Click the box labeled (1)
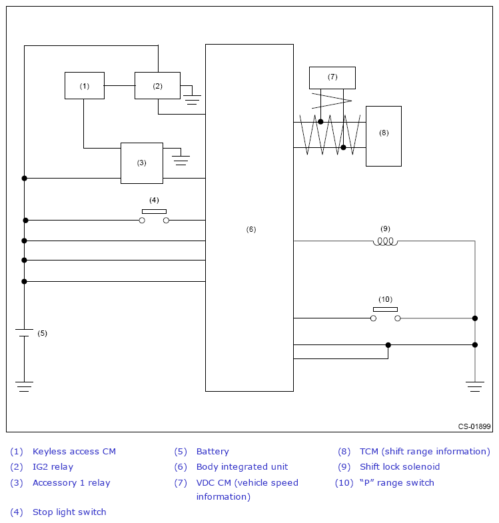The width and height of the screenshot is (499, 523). coord(85,85)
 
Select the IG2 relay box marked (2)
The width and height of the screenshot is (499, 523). coord(157,85)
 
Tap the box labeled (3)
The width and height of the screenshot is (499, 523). coord(141,163)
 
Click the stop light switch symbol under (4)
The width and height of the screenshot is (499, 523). coord(154,217)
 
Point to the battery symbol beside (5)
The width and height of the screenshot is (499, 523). coord(25,332)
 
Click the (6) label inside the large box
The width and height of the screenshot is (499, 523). coord(251,229)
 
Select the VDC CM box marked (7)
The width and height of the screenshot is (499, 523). coord(332,77)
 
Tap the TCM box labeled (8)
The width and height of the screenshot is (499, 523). coord(383,136)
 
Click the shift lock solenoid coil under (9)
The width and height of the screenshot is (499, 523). coord(385,241)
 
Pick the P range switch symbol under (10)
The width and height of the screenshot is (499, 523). coord(386,316)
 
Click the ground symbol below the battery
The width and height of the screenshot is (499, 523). coord(25,386)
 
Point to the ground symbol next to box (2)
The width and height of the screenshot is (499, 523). coord(193,99)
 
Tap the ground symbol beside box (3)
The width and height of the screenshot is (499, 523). coord(181,160)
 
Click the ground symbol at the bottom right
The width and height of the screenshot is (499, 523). coord(475,386)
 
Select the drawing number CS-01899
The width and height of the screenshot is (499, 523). coord(474,426)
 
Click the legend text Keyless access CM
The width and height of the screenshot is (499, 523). coord(74,452)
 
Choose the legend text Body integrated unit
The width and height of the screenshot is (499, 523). coord(242,467)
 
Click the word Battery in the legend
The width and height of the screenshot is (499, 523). coord(213,452)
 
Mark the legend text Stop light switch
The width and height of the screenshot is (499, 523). coord(69,512)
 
